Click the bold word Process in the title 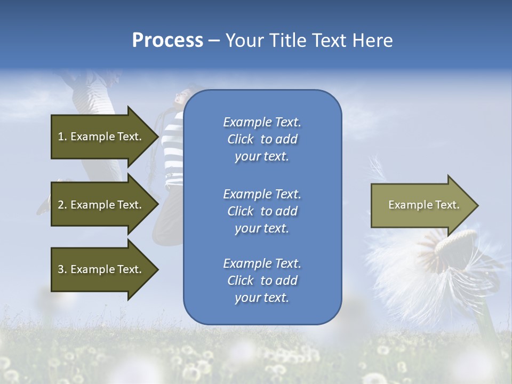[167, 41]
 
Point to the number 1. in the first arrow [62, 137]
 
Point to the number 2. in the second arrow [62, 205]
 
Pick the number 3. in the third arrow [62, 269]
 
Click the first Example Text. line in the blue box [262, 122]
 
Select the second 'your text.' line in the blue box [262, 228]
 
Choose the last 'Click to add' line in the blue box [262, 281]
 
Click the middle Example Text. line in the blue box [262, 194]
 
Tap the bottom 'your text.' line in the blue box [262, 298]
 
